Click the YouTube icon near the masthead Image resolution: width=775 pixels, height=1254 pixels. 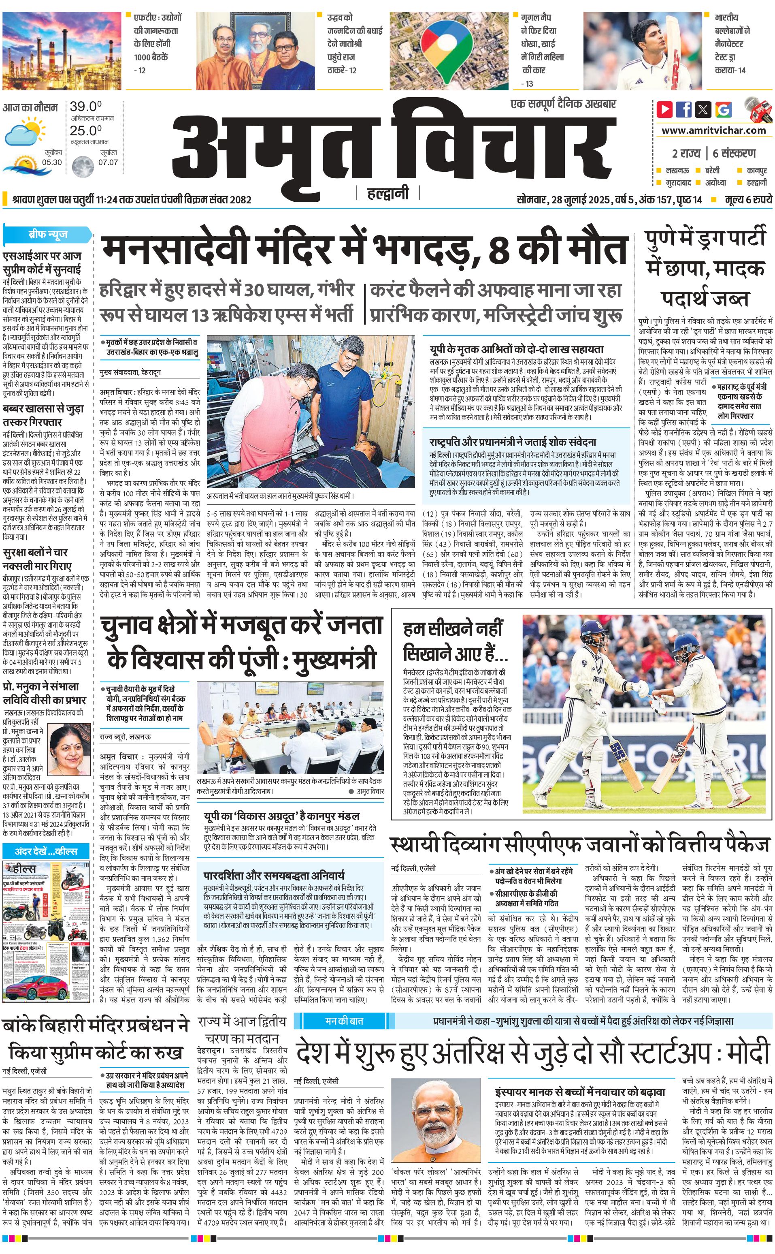(665, 109)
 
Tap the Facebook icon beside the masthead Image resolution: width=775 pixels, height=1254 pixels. (684, 109)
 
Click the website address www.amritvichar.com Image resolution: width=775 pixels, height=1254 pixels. (713, 130)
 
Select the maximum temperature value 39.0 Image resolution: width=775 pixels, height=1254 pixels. (85, 107)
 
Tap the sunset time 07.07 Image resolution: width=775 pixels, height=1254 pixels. (108, 162)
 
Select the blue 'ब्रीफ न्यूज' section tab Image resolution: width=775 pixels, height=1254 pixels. (48, 235)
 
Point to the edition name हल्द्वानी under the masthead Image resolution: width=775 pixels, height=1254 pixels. (387, 194)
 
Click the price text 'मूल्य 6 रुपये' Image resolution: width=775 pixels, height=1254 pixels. (748, 199)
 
